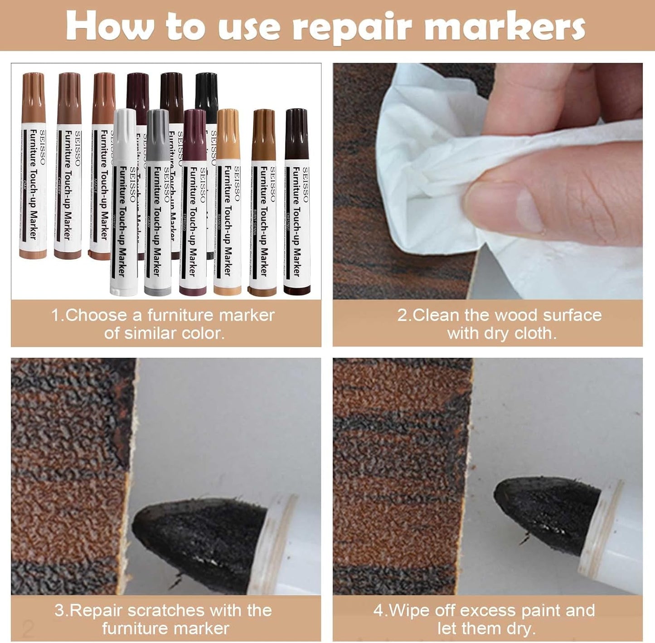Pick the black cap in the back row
(x=206, y=91)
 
